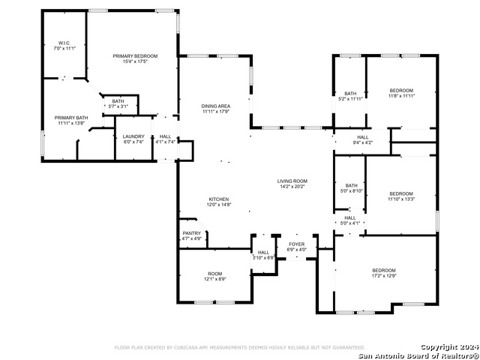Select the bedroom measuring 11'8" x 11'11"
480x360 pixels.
tap(401, 93)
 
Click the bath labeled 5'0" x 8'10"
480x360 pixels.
tap(351, 188)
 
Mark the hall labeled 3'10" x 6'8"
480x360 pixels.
tap(263, 255)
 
